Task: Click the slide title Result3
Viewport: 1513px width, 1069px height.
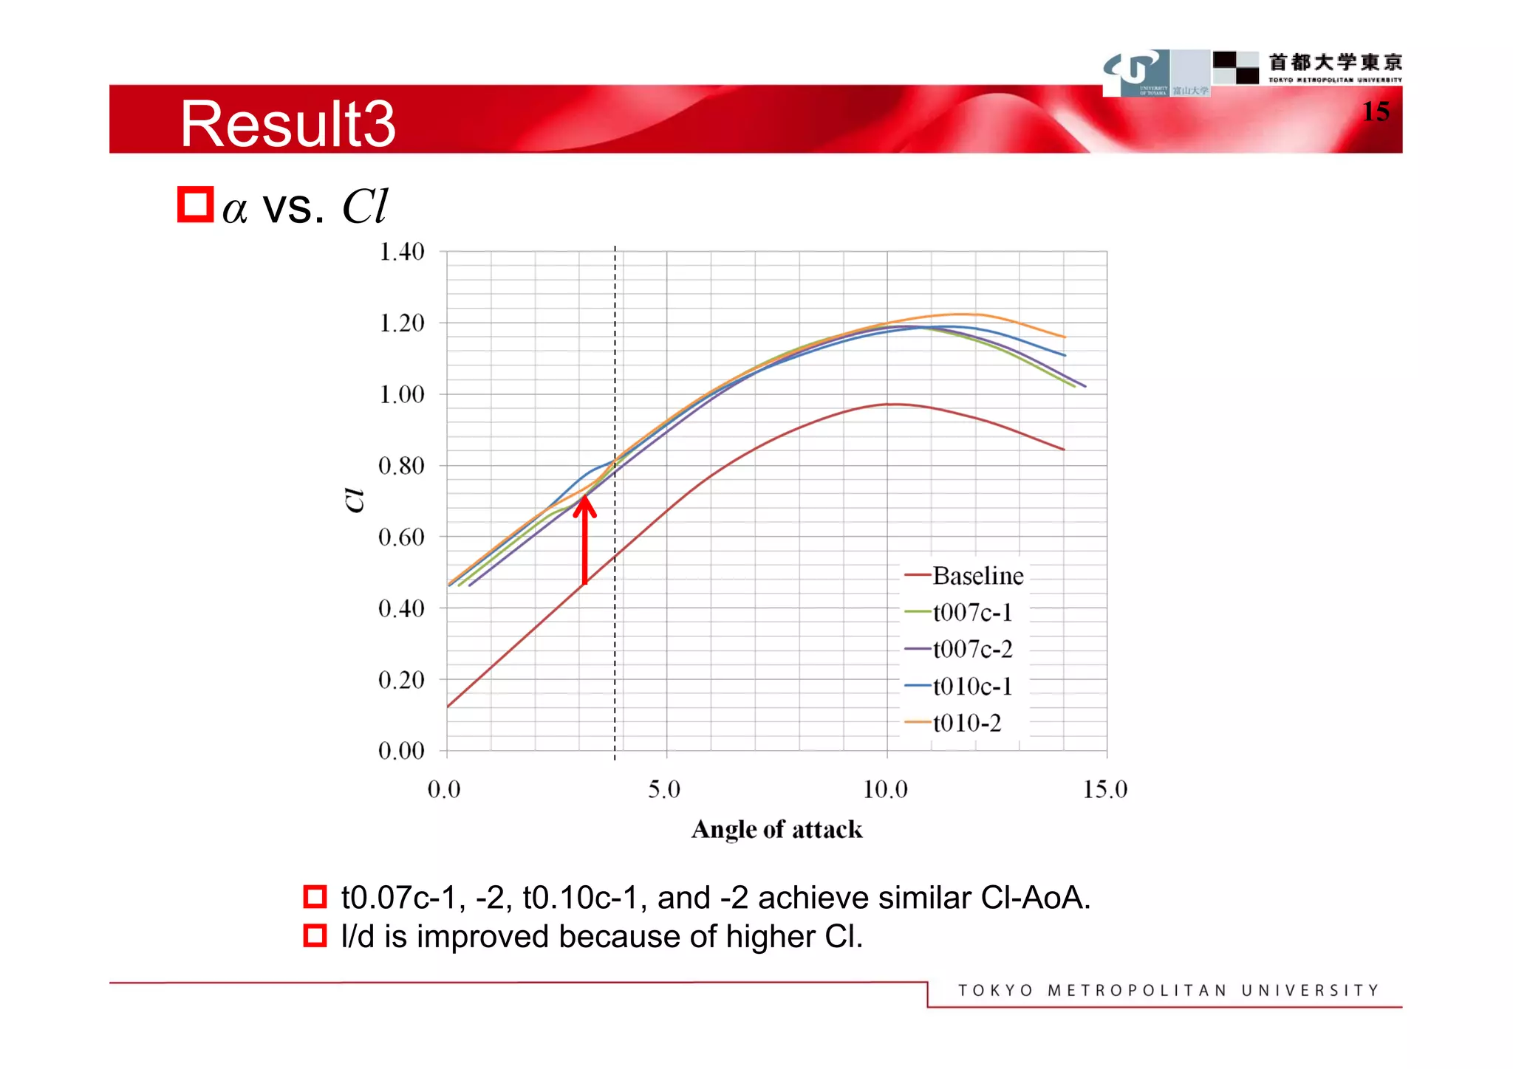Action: click(288, 124)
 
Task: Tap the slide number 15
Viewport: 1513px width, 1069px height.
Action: click(1376, 111)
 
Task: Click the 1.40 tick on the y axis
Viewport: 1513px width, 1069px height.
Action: click(402, 252)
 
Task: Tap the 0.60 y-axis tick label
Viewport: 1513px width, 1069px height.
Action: click(402, 537)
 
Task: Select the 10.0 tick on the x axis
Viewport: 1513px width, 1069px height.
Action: click(885, 790)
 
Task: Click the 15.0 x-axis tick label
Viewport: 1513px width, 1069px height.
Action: click(1105, 790)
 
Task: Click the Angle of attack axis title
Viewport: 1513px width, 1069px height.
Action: click(776, 830)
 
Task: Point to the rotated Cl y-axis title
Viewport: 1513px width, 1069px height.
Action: click(355, 500)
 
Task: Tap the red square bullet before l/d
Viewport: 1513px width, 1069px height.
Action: click(315, 936)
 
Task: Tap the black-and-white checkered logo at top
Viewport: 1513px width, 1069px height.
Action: click(1235, 67)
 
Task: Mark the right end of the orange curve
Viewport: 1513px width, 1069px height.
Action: click(1065, 337)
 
